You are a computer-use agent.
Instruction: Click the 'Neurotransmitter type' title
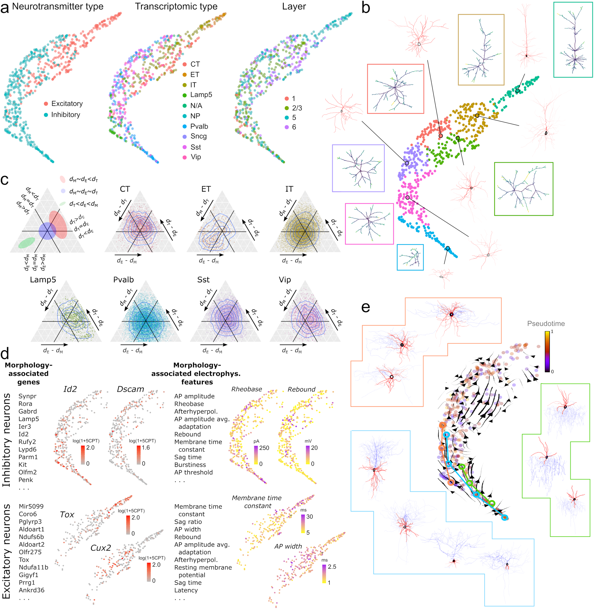click(58, 7)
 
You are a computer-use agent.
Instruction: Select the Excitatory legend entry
click(67, 103)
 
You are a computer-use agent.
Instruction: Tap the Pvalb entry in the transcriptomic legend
click(199, 126)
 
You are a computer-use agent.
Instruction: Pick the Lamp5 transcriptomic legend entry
click(201, 95)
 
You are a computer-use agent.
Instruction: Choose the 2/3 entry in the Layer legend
click(297, 108)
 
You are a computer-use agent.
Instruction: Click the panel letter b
click(366, 8)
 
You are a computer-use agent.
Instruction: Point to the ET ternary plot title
click(206, 189)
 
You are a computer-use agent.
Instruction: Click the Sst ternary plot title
click(203, 280)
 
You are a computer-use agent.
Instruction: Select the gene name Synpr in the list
click(28, 396)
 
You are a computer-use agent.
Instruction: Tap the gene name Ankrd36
click(32, 590)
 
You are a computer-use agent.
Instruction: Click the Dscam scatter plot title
click(130, 389)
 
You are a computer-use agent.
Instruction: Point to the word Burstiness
click(190, 464)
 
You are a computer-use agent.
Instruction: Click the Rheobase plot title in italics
click(247, 389)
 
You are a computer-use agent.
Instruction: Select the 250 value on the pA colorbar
click(264, 448)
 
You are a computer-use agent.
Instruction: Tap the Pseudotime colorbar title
click(546, 323)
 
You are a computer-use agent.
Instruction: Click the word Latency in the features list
click(186, 590)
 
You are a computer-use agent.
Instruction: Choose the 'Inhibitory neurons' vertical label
click(6, 440)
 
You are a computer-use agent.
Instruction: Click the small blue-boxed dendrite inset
click(410, 257)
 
